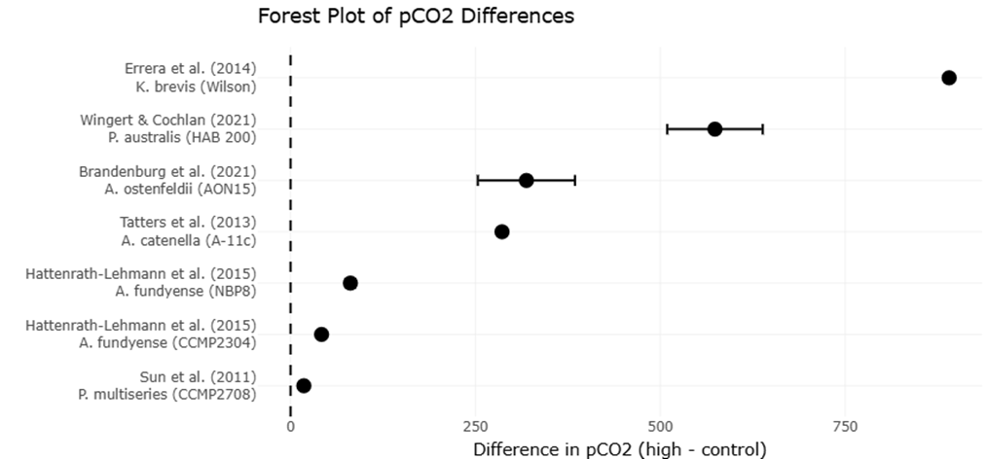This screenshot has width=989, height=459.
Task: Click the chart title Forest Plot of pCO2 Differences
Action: coord(416,17)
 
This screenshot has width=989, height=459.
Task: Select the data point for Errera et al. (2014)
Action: coord(949,78)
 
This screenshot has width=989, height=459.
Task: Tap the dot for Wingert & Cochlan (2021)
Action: coord(714,129)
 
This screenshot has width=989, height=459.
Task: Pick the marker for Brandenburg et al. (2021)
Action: coord(526,180)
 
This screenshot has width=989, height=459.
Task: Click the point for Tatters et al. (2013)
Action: coord(502,231)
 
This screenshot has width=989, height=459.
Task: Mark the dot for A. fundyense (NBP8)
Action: coord(350,283)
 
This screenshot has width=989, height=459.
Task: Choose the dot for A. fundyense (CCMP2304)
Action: coord(321,335)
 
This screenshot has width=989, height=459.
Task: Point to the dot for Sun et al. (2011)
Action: coord(304,386)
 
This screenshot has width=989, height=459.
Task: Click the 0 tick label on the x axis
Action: coord(290,427)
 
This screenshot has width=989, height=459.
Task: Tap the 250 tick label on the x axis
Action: coord(475,427)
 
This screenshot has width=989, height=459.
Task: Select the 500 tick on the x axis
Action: coord(660,427)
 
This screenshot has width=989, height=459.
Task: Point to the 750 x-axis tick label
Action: coord(845,427)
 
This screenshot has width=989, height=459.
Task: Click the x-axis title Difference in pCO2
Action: coord(619,448)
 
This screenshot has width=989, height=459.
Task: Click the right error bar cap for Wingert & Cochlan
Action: coord(762,129)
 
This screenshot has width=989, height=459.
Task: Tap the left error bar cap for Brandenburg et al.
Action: coord(478,180)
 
